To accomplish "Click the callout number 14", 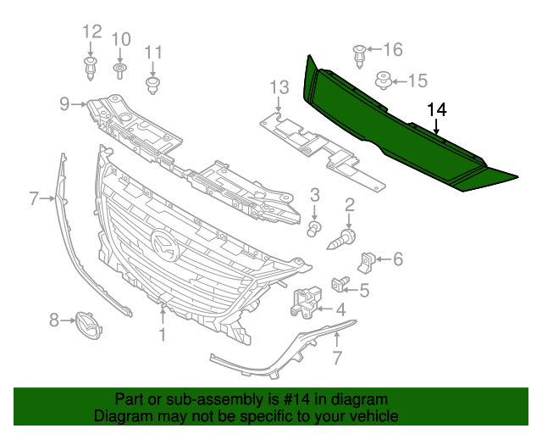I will click(x=436, y=109).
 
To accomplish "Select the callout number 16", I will click(x=394, y=49).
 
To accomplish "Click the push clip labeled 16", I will click(x=359, y=53).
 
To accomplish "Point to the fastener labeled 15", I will click(x=384, y=81).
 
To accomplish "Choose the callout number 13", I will click(x=279, y=87).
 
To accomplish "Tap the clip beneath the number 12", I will click(x=90, y=67).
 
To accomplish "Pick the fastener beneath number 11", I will click(x=153, y=84).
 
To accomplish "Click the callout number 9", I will click(x=64, y=104).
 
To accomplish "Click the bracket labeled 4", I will click(x=306, y=302).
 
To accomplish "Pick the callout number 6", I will click(x=397, y=259).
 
